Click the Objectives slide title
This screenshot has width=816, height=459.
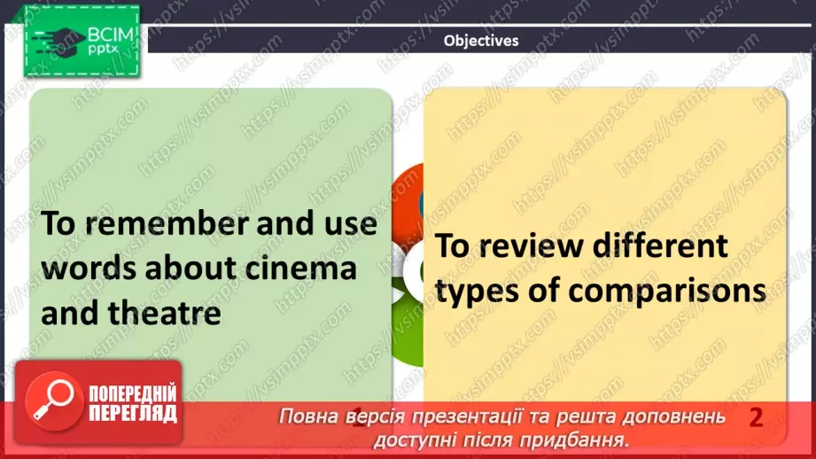tap(481, 40)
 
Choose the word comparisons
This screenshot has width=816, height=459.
tap(664, 290)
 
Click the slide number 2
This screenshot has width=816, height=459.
tap(756, 417)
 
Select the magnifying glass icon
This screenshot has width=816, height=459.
tap(51, 401)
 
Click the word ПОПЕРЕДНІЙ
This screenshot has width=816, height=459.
tap(134, 394)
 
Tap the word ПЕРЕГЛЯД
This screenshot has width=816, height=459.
tap(132, 413)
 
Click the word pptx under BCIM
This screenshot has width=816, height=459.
tap(104, 51)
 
